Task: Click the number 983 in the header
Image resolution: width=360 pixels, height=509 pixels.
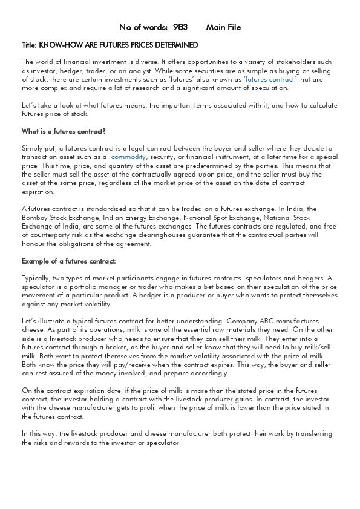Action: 180,27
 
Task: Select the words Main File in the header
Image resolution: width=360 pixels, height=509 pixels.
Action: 223,27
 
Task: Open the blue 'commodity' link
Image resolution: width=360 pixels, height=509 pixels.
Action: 128,157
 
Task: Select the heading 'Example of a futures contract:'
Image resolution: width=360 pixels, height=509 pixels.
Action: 68,261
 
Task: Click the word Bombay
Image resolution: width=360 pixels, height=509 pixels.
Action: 36,218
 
